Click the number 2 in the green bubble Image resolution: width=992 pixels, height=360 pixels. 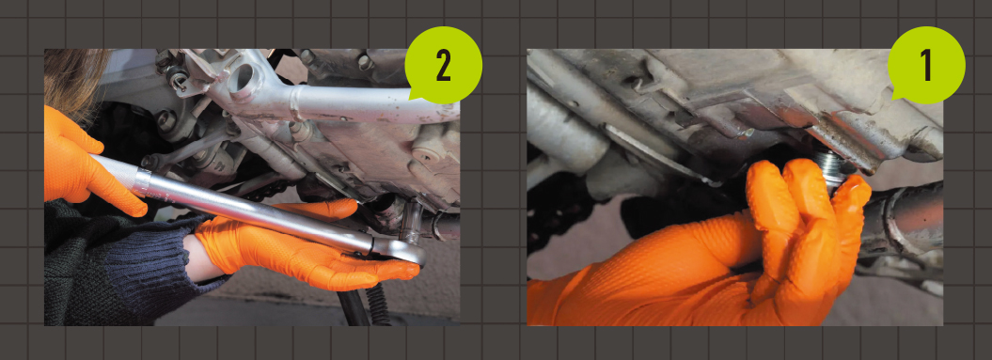pyautogui.click(x=443, y=66)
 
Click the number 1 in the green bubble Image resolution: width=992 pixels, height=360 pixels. pyautogui.click(x=925, y=66)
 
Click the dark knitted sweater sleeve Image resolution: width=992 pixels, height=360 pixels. pyautogui.click(x=114, y=266)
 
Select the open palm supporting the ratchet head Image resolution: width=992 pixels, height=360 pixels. pyautogui.click(x=304, y=253)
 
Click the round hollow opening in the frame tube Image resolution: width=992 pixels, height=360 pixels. pyautogui.click(x=243, y=78)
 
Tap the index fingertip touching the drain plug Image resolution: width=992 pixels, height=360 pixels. pyautogui.click(x=854, y=190)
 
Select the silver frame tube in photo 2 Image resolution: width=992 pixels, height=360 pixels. pyautogui.click(x=354, y=104)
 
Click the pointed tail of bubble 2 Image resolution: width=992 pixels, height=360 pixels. pyautogui.click(x=413, y=96)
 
